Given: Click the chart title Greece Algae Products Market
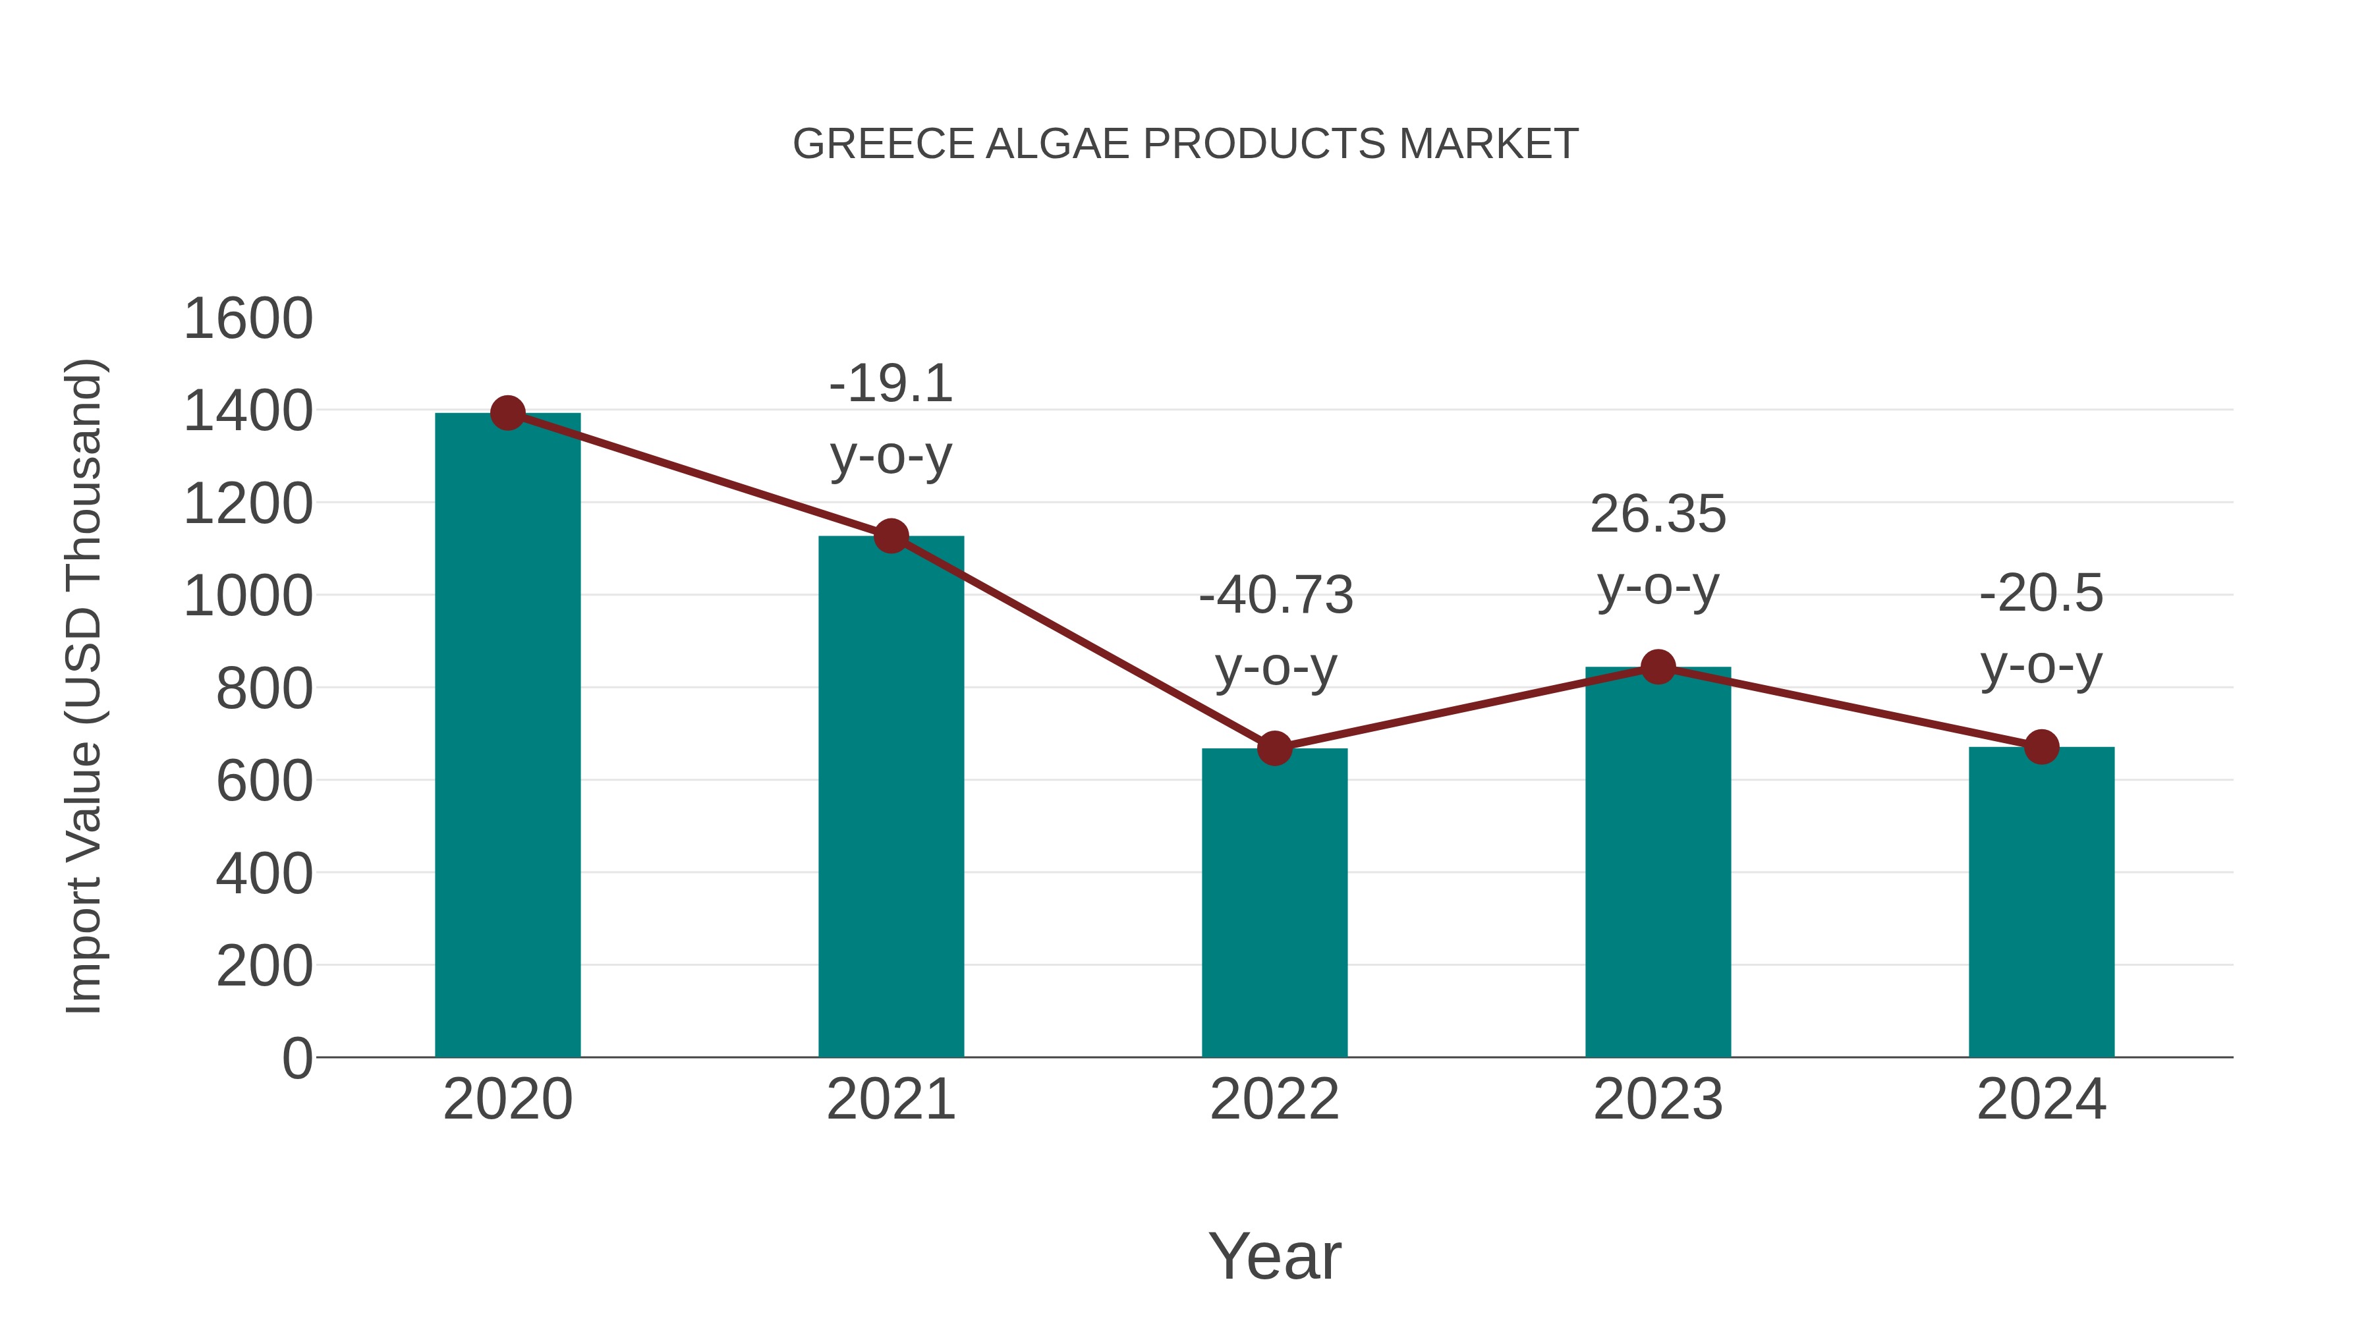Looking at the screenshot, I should click(x=1185, y=144).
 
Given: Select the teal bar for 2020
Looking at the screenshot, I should click(x=507, y=736).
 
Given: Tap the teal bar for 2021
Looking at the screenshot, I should click(x=890, y=797).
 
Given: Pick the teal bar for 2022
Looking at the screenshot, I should click(x=1274, y=903).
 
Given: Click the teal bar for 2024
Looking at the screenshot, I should click(x=2041, y=903).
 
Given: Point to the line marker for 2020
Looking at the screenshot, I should click(x=507, y=413).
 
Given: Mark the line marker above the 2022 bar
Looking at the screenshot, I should click(x=1274, y=748).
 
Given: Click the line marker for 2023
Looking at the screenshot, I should click(x=1658, y=667).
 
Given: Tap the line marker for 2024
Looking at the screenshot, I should click(x=2041, y=746).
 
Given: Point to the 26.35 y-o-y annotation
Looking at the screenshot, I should click(x=1658, y=551).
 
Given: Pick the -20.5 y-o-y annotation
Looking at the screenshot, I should click(x=2041, y=629).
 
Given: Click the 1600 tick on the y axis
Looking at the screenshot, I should click(x=248, y=320).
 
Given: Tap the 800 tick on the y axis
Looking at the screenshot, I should click(x=264, y=688).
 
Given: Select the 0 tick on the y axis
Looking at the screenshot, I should click(x=297, y=1059).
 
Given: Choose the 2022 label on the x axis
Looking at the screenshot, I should click(x=1274, y=1099).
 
